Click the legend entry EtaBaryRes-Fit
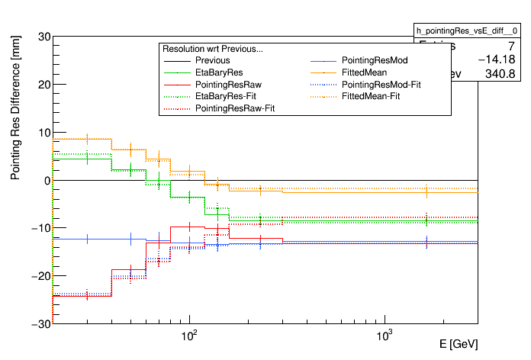[x=226, y=97]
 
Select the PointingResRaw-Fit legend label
[x=235, y=109]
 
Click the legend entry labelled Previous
[x=212, y=60]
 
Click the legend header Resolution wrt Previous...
[x=213, y=49]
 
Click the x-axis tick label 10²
[x=190, y=335]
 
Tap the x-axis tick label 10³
[x=385, y=335]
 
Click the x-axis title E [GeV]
[x=459, y=344]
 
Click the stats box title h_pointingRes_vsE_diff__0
[x=467, y=30]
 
